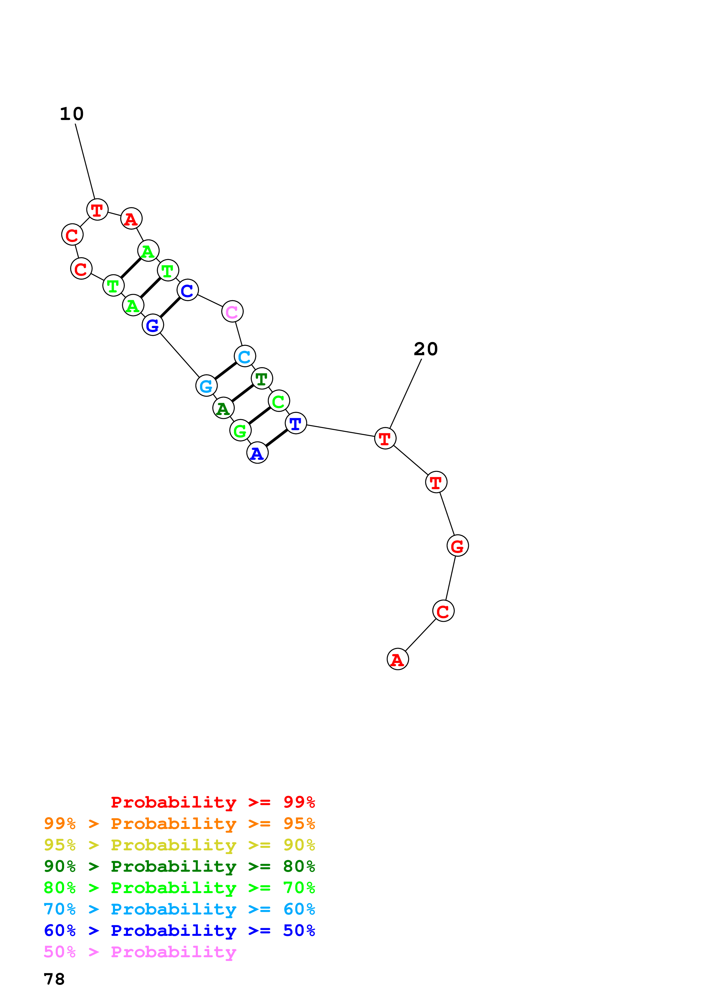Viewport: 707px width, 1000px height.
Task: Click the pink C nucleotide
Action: click(232, 311)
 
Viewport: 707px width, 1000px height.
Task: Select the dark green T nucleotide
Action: click(262, 379)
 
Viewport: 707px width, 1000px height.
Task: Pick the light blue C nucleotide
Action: click(245, 356)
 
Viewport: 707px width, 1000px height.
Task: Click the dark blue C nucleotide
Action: click(188, 290)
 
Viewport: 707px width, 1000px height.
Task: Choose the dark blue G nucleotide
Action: click(153, 325)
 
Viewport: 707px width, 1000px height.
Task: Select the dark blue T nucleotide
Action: click(296, 423)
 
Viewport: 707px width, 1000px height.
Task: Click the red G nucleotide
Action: click(458, 545)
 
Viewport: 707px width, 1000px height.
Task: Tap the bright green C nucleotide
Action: click(279, 401)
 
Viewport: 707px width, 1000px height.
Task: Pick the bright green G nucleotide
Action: click(240, 430)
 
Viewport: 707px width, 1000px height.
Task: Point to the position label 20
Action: click(426, 349)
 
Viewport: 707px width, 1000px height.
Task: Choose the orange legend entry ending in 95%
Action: click(179, 823)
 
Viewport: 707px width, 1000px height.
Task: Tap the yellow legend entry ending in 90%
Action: click(179, 845)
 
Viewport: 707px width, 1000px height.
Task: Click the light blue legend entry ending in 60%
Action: click(179, 909)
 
